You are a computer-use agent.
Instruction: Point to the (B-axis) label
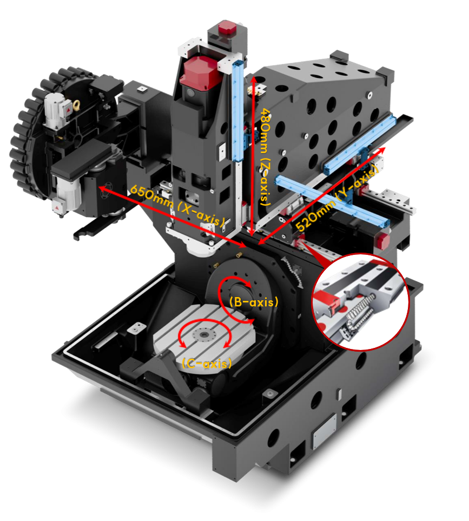(254, 302)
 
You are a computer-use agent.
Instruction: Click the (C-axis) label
(207, 363)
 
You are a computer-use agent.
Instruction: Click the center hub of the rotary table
(203, 334)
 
